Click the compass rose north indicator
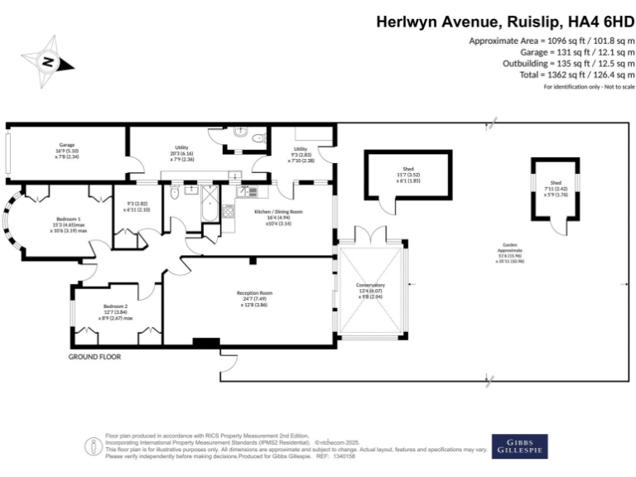click(48, 60)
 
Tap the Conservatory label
click(371, 290)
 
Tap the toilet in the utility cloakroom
click(258, 137)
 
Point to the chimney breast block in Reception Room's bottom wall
click(205, 342)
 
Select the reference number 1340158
click(342, 456)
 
